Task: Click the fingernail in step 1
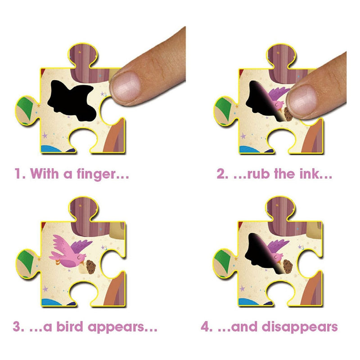coord(126,86)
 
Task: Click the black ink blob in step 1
coord(72,100)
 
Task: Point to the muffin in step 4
coord(287,266)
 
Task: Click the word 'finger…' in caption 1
coord(103,174)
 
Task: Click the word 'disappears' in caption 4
coord(300,327)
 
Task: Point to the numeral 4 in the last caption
coord(206,327)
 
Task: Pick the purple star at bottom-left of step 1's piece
coord(45,135)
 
